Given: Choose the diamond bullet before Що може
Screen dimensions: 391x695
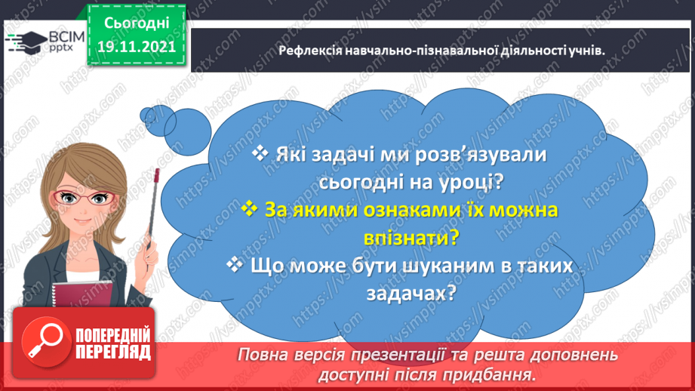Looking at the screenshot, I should tap(235, 265).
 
